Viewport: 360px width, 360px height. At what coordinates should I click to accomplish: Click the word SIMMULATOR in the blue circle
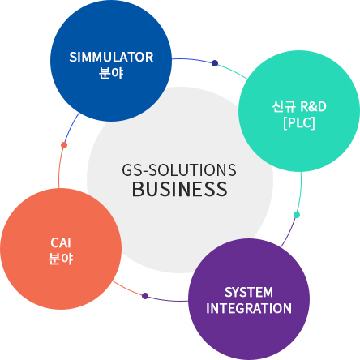pyautogui.click(x=111, y=57)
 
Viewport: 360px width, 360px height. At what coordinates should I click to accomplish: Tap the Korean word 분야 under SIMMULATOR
pyautogui.click(x=111, y=73)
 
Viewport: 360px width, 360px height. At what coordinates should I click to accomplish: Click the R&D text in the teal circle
pyautogui.click(x=313, y=106)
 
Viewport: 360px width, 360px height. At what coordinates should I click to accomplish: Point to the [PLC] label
pyautogui.click(x=299, y=123)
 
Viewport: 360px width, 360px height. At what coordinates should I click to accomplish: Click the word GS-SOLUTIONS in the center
pyautogui.click(x=179, y=170)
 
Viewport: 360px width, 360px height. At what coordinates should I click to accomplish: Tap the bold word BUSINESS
pyautogui.click(x=180, y=189)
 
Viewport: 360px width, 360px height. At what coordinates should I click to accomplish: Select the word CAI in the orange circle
pyautogui.click(x=61, y=242)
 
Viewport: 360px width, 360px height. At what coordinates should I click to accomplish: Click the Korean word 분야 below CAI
pyautogui.click(x=61, y=259)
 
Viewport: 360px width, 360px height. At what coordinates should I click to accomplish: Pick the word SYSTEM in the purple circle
pyautogui.click(x=249, y=292)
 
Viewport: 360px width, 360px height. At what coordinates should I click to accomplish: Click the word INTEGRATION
pyautogui.click(x=249, y=308)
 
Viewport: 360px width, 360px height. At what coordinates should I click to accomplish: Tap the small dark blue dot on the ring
pyautogui.click(x=215, y=63)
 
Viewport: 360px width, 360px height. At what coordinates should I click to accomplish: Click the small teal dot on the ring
pyautogui.click(x=297, y=215)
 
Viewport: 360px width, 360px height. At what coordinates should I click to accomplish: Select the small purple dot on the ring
pyautogui.click(x=145, y=296)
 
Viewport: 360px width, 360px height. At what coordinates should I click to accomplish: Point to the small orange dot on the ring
pyautogui.click(x=64, y=145)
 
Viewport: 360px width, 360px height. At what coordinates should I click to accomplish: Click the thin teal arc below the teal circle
pyautogui.click(x=300, y=193)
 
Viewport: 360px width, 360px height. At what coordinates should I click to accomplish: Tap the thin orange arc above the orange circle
pyautogui.click(x=60, y=166)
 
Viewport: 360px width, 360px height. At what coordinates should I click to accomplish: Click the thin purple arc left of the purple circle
pyautogui.click(x=166, y=300)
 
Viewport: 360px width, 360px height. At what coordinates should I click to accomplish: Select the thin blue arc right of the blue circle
pyautogui.click(x=194, y=59)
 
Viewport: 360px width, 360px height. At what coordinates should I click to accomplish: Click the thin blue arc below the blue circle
pyautogui.click(x=71, y=128)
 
